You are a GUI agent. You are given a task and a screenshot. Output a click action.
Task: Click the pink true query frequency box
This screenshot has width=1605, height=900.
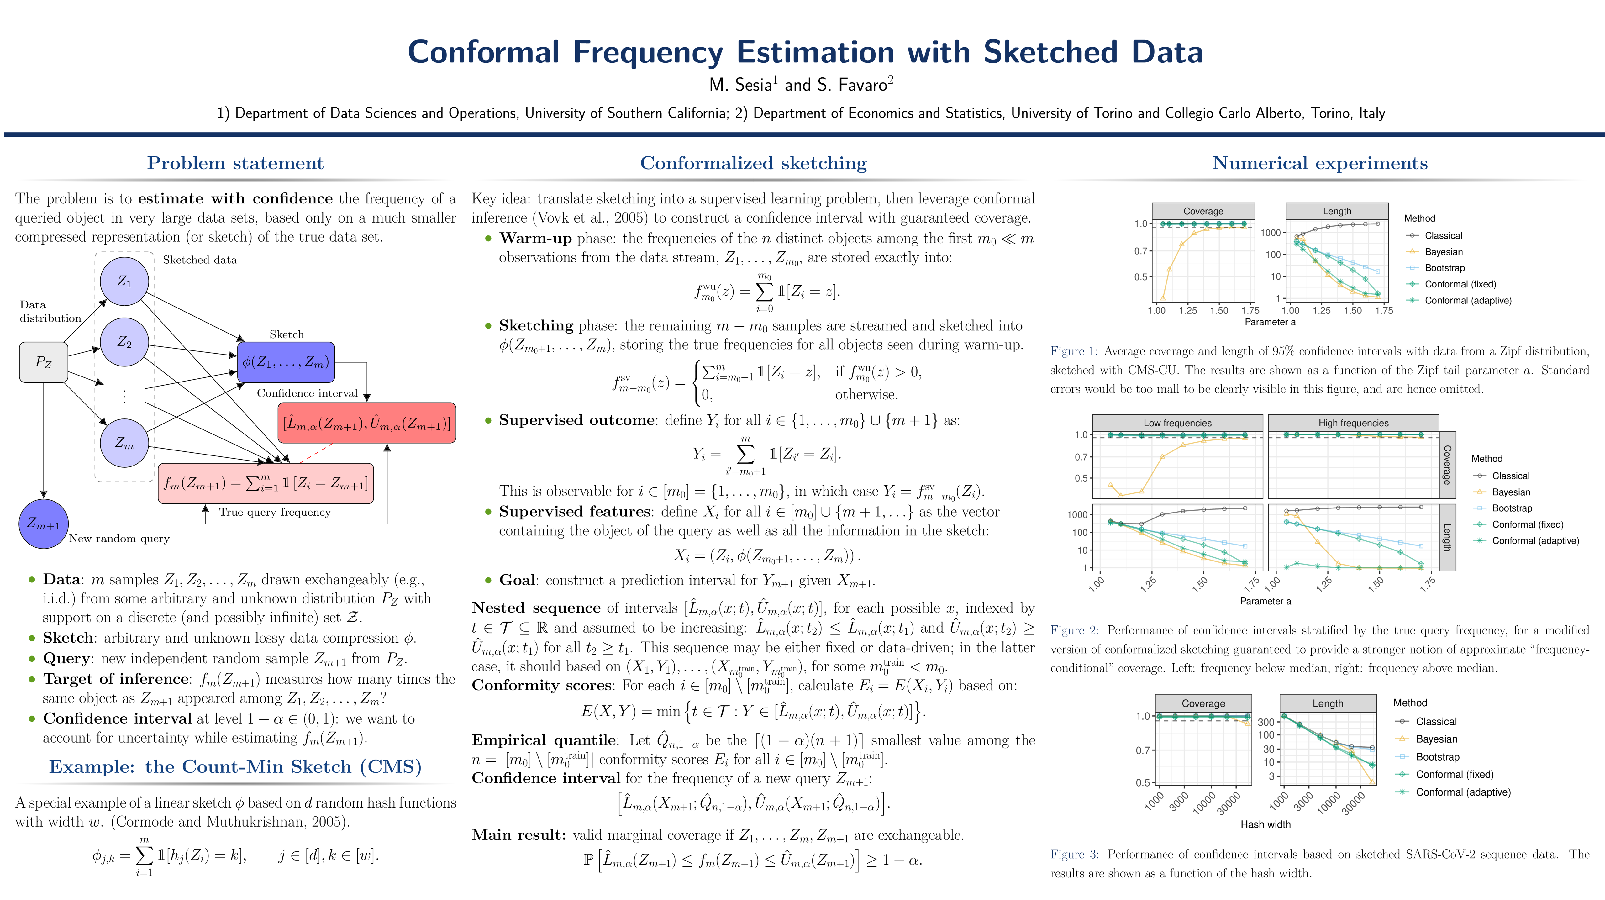[266, 483]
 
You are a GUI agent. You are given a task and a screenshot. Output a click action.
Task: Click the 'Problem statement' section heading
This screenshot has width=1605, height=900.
[235, 163]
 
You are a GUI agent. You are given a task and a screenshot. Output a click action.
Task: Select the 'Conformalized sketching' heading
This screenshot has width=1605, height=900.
[753, 163]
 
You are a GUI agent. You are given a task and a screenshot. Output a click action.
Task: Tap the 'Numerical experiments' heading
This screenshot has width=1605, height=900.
[1320, 163]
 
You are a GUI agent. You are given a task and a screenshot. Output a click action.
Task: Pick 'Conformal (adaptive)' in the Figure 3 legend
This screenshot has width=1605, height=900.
[1463, 792]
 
